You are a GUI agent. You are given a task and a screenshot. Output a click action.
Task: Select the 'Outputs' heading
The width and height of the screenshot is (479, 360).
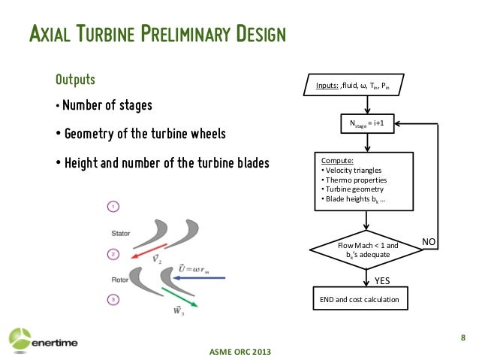(x=75, y=80)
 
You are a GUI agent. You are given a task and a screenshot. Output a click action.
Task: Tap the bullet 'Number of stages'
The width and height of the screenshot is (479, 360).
(x=107, y=105)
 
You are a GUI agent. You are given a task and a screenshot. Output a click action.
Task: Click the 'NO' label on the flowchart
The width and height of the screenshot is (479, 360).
(x=428, y=241)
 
